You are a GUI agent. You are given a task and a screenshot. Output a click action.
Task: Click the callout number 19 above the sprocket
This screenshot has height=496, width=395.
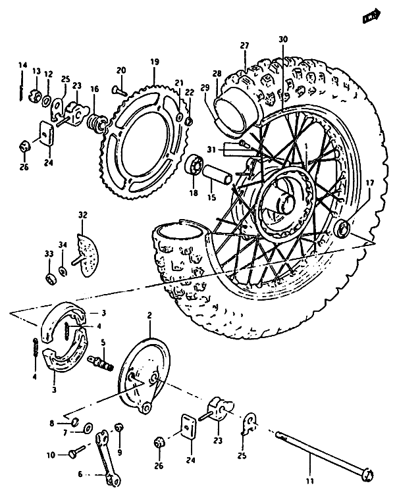pos(155,62)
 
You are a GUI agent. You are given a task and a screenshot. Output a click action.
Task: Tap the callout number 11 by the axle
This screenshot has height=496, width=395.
pos(312,472)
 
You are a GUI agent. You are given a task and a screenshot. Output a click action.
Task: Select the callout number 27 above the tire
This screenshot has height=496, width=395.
pos(245,45)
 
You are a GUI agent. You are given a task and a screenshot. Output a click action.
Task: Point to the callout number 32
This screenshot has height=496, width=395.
pos(82,215)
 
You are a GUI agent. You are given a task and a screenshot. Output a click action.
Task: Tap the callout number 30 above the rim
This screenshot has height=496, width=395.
pos(283,40)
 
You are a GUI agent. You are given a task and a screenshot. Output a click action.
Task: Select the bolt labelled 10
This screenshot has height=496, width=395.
pos(74,453)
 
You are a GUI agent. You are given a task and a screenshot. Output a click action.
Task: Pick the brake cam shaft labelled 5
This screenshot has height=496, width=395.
pos(104,361)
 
